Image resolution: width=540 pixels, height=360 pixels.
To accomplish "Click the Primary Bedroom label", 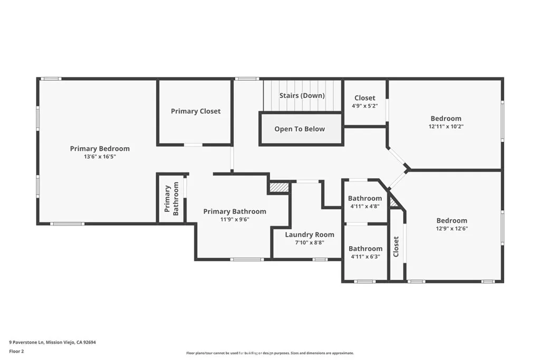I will point(100,149).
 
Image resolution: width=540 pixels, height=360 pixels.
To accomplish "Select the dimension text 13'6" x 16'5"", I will point(100,157).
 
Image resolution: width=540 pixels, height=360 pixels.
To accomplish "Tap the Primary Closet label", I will point(196,111).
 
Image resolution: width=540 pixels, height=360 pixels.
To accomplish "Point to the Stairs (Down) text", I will point(302,95).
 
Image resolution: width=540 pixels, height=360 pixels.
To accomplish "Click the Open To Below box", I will point(300,129).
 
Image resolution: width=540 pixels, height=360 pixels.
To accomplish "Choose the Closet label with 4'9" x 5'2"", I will point(364,98).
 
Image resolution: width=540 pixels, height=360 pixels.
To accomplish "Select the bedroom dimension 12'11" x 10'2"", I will point(446,127).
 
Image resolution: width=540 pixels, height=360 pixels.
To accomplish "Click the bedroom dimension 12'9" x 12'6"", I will point(451,229).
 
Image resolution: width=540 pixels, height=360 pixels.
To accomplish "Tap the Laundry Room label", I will point(310,235).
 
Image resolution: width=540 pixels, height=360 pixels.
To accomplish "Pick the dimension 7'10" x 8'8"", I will point(310,242).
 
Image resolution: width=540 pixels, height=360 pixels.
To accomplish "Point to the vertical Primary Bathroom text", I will point(171,199).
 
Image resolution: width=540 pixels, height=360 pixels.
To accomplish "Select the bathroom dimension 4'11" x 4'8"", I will point(365,207).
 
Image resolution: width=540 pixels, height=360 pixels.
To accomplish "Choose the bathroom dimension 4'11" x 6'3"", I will point(365,256).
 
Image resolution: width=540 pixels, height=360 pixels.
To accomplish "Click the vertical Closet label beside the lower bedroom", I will point(396,246).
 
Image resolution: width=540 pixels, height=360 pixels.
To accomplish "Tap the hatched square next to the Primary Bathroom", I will point(279,187).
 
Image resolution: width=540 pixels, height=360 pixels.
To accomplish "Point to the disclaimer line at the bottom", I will point(270,353).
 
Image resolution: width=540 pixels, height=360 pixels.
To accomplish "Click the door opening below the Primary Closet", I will point(193,144).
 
